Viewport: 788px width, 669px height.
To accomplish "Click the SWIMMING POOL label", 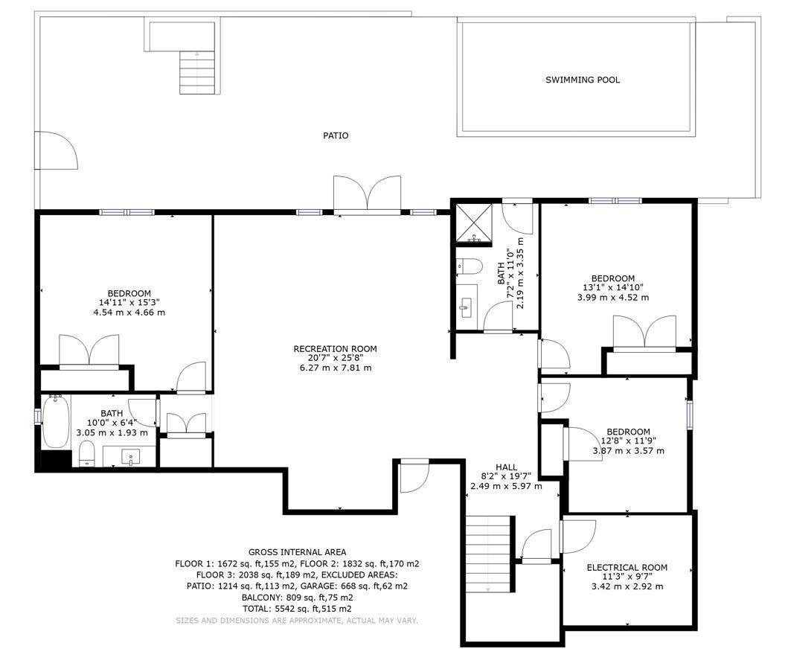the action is point(583,80).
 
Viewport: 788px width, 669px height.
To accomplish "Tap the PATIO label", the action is point(336,135).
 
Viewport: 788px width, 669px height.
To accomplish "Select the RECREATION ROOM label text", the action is point(335,349).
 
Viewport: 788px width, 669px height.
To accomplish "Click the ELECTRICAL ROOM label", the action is point(627,568).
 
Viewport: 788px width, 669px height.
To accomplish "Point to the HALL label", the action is point(506,467).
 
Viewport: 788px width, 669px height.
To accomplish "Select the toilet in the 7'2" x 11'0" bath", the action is point(469,266).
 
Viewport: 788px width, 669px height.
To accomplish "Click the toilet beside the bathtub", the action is point(88,454).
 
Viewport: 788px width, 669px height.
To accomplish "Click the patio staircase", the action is point(197,73).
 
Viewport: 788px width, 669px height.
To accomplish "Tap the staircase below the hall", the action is point(488,554).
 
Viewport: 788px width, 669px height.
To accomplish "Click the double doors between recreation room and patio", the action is point(368,193).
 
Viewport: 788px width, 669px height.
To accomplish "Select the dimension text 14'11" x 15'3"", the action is point(129,303).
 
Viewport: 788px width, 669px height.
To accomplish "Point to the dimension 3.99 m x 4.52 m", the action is point(613,297).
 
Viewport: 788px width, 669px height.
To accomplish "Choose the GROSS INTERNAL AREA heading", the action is point(297,552).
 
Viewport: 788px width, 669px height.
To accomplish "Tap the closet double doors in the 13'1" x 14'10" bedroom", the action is point(645,332).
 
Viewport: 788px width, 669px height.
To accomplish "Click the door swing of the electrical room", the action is point(578,537).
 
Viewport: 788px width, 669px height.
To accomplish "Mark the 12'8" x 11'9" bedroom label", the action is point(628,432).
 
